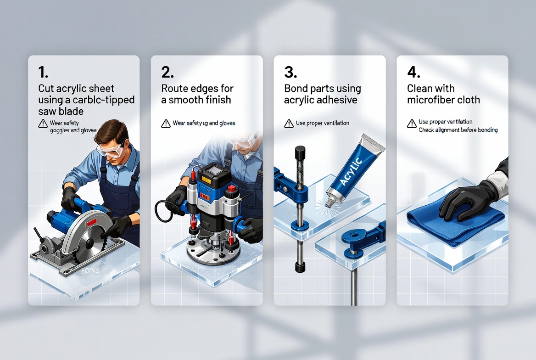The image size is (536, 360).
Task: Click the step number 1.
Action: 43,72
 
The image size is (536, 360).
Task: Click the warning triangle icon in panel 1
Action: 43,123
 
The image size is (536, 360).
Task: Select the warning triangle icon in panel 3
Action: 289,123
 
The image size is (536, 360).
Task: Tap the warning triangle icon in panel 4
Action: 412,123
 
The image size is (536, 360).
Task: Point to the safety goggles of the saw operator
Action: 111,150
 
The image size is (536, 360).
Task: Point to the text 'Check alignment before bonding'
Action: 458,130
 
